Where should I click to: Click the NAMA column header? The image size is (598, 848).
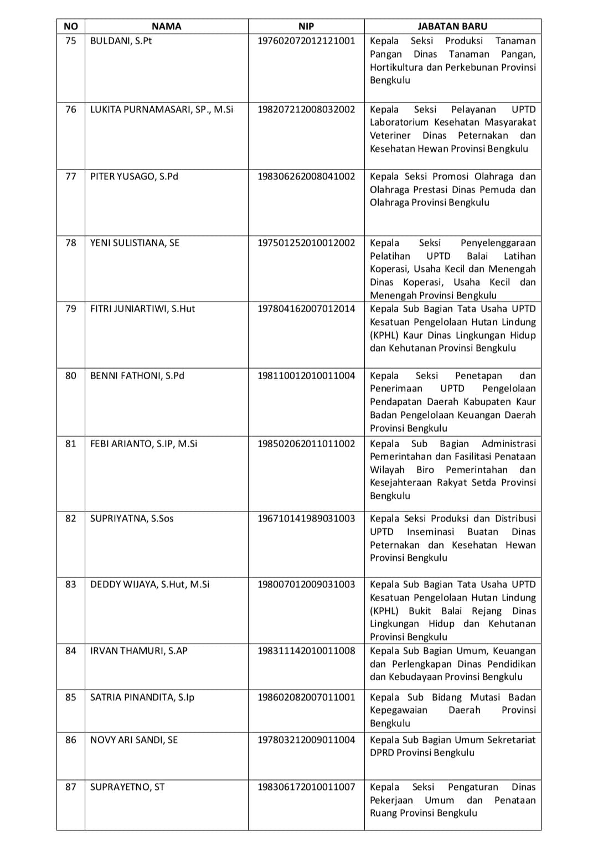click(x=166, y=26)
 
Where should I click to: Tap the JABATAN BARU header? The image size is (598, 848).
click(x=452, y=26)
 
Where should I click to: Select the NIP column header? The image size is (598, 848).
click(x=306, y=26)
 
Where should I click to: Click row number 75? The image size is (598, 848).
click(x=71, y=41)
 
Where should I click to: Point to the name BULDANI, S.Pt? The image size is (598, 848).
click(x=121, y=41)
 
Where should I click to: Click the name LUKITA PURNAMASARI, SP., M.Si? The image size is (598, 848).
click(x=162, y=110)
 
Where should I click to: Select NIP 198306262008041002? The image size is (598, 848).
click(x=306, y=177)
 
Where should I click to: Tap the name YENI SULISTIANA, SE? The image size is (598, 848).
click(x=135, y=243)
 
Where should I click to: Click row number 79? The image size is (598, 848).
click(x=71, y=309)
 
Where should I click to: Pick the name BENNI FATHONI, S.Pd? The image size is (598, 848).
click(x=137, y=376)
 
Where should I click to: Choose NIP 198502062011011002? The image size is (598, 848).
click(x=306, y=444)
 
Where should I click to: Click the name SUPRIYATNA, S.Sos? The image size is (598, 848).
click(x=132, y=519)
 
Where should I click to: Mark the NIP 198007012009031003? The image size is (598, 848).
click(x=306, y=585)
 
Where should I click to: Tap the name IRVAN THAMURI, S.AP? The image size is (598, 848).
click(x=139, y=651)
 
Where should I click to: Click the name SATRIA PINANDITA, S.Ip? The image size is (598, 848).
click(x=142, y=697)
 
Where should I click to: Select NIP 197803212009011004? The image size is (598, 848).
click(x=306, y=740)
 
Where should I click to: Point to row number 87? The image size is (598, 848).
click(x=71, y=787)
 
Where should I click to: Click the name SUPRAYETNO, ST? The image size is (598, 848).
click(x=127, y=787)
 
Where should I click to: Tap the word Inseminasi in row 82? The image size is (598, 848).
click(x=430, y=532)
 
